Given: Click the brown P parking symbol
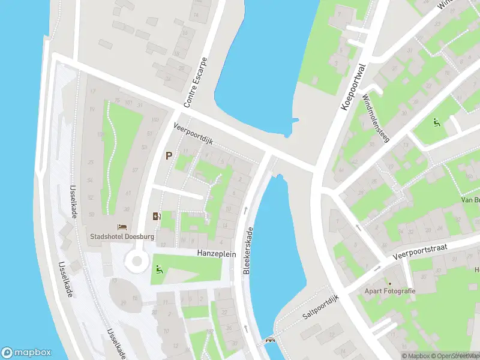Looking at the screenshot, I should [169, 155].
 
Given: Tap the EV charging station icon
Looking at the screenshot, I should [157, 217].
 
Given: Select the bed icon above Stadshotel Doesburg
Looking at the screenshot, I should [122, 227].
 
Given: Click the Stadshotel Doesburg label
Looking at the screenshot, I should [122, 236].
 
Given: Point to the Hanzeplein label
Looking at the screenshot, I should [217, 254].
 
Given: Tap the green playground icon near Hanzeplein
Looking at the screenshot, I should [159, 269].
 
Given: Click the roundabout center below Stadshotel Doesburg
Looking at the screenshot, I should [136, 261].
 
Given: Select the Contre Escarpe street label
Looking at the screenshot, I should [196, 83].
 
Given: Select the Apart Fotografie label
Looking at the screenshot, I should [389, 291].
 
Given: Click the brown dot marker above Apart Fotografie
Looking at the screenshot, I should [389, 283].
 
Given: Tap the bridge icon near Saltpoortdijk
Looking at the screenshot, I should [271, 341].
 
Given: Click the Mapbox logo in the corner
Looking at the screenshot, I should [27, 352].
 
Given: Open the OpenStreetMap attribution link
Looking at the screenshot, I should [455, 356].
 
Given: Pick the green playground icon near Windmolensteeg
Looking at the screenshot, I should [437, 122].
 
